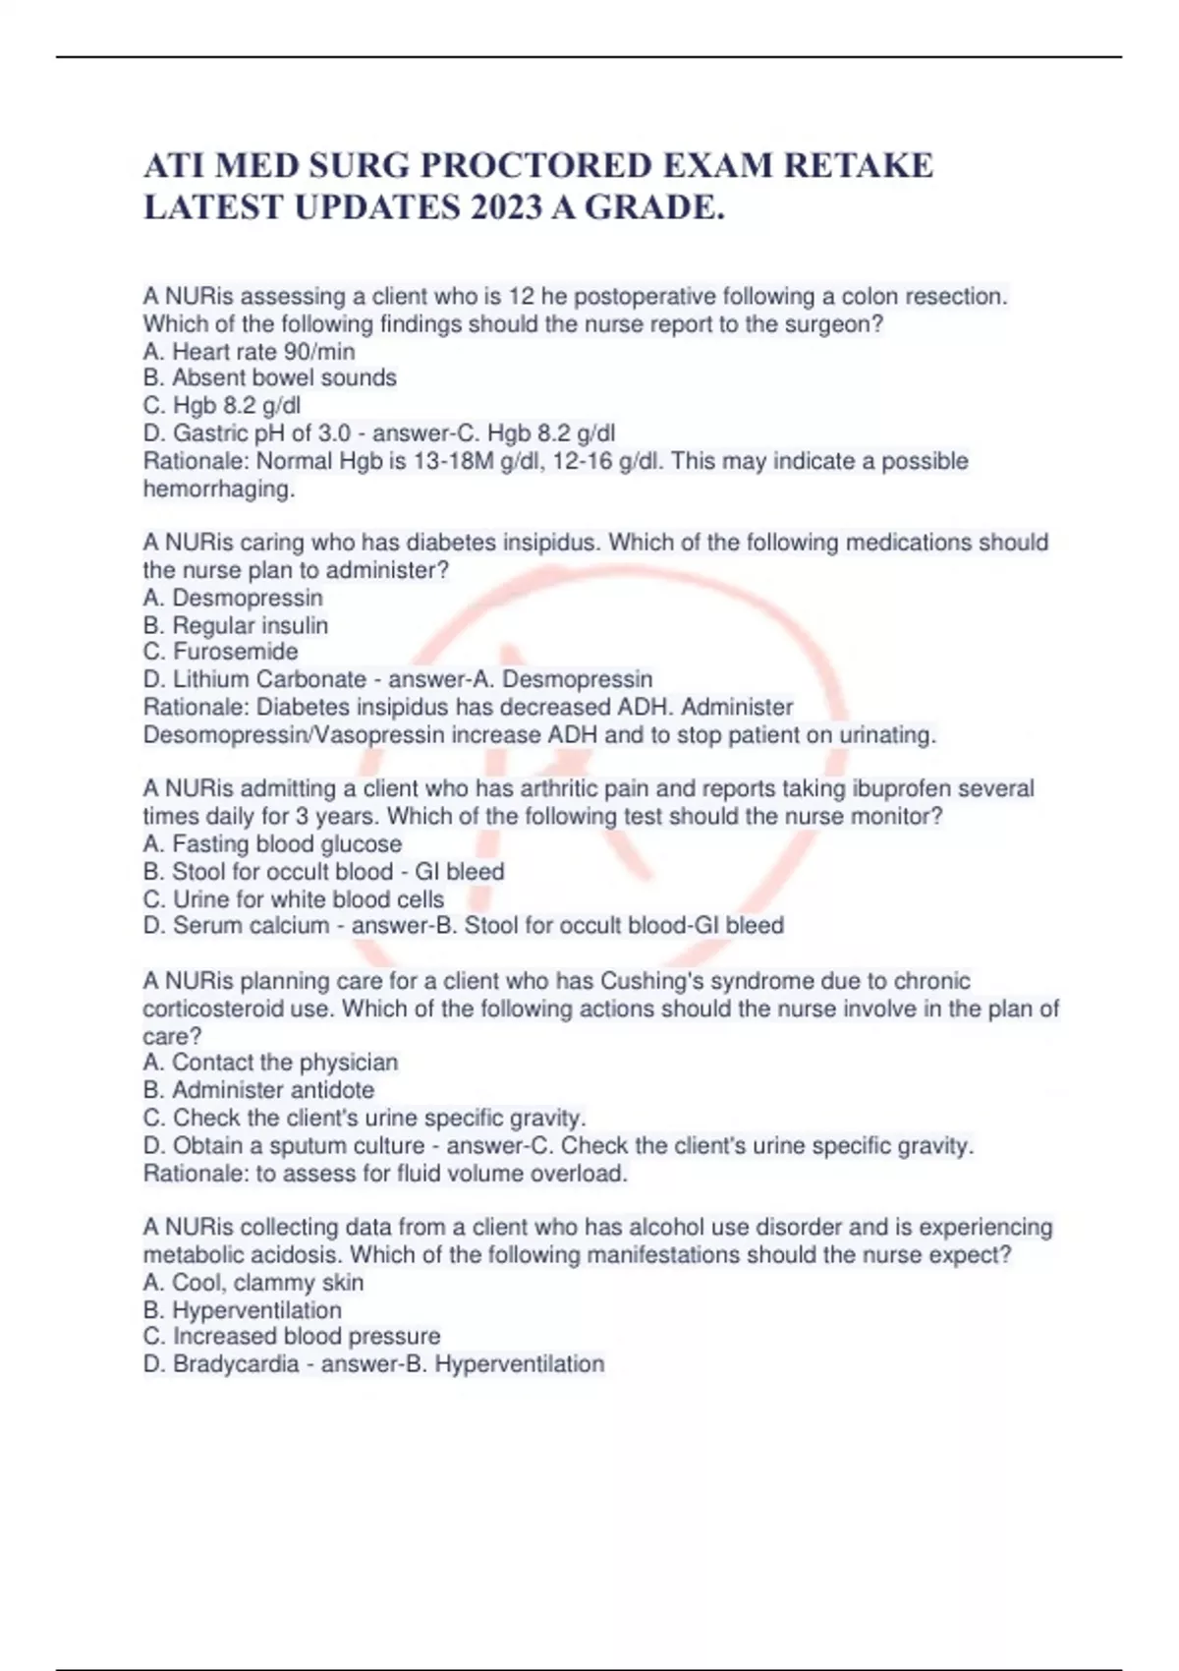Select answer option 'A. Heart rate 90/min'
[x=249, y=351]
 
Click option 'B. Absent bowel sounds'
[x=269, y=377]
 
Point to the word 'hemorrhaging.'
[x=219, y=489]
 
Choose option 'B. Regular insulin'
[x=236, y=625]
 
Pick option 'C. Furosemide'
[x=220, y=652]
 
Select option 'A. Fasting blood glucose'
[x=272, y=843]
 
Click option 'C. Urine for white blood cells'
[x=293, y=898]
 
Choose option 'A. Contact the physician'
[x=270, y=1062]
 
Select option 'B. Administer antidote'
[x=258, y=1089]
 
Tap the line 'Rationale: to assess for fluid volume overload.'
[x=385, y=1173]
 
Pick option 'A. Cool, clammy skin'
[x=253, y=1282]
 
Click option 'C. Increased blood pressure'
[x=292, y=1336]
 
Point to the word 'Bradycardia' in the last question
[x=236, y=1363]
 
